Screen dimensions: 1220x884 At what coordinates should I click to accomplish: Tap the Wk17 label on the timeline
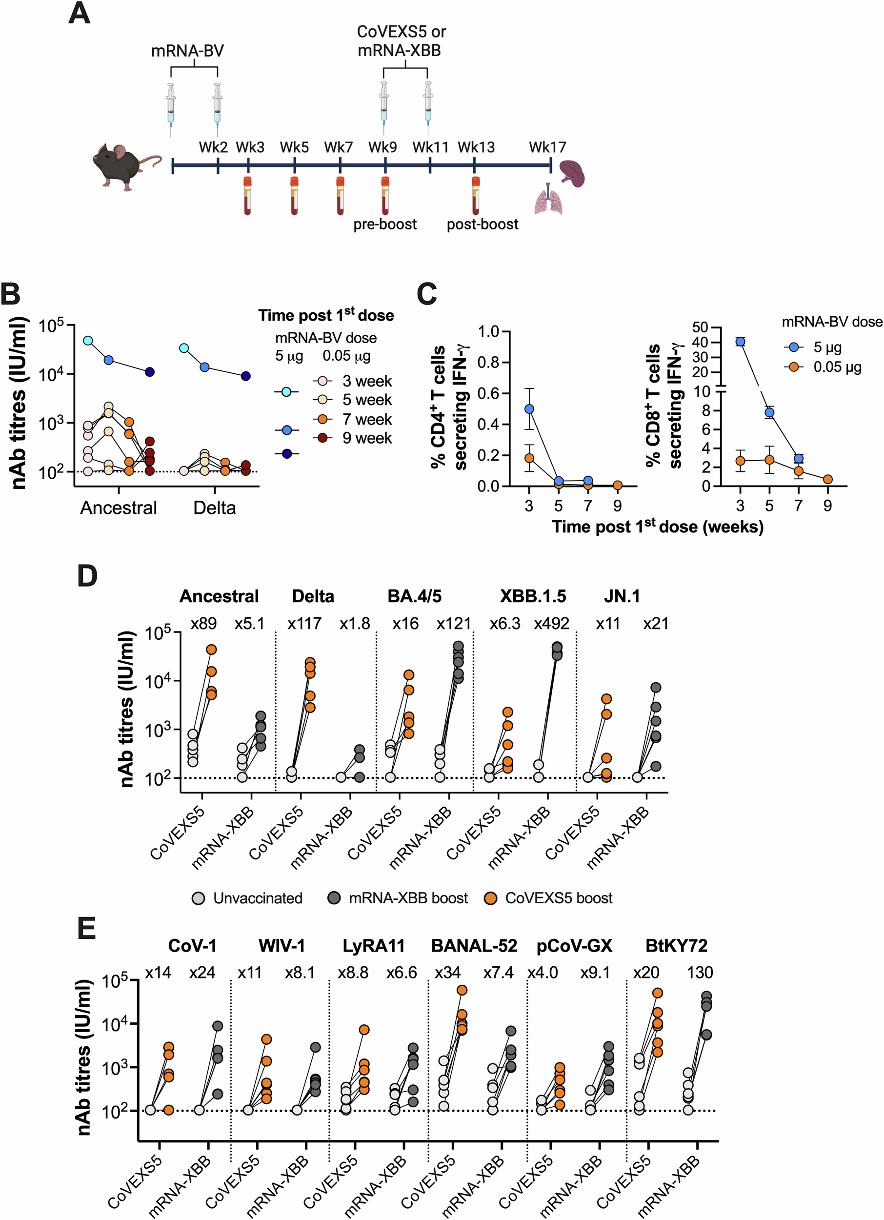[x=547, y=147]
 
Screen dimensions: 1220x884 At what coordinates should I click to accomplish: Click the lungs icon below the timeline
[x=548, y=200]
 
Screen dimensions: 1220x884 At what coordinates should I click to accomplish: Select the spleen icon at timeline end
[x=572, y=173]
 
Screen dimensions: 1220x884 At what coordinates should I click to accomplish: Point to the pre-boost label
[x=384, y=224]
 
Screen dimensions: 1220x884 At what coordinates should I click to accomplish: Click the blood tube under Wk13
[x=475, y=196]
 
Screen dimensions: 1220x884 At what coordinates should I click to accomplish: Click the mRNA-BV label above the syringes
[x=187, y=51]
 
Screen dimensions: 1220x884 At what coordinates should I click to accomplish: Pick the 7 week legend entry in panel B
[x=367, y=419]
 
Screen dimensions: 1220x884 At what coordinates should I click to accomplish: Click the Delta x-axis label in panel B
[x=214, y=508]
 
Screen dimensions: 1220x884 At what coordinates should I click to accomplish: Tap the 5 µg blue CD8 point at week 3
[x=740, y=342]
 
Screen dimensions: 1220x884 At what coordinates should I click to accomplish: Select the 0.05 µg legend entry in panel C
[x=836, y=367]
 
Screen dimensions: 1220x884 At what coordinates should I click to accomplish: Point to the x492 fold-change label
[x=551, y=624]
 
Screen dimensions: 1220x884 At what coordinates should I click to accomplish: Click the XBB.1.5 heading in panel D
[x=532, y=596]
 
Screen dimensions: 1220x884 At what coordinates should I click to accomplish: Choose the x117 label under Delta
[x=304, y=624]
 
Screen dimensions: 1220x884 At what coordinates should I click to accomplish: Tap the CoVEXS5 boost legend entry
[x=558, y=898]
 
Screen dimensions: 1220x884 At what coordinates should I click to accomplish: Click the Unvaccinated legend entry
[x=257, y=898]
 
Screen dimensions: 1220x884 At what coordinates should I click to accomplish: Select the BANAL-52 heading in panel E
[x=474, y=945]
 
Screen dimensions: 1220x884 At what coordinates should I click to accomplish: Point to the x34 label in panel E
[x=447, y=972]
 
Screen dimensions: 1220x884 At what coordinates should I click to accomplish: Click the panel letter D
[x=87, y=576]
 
